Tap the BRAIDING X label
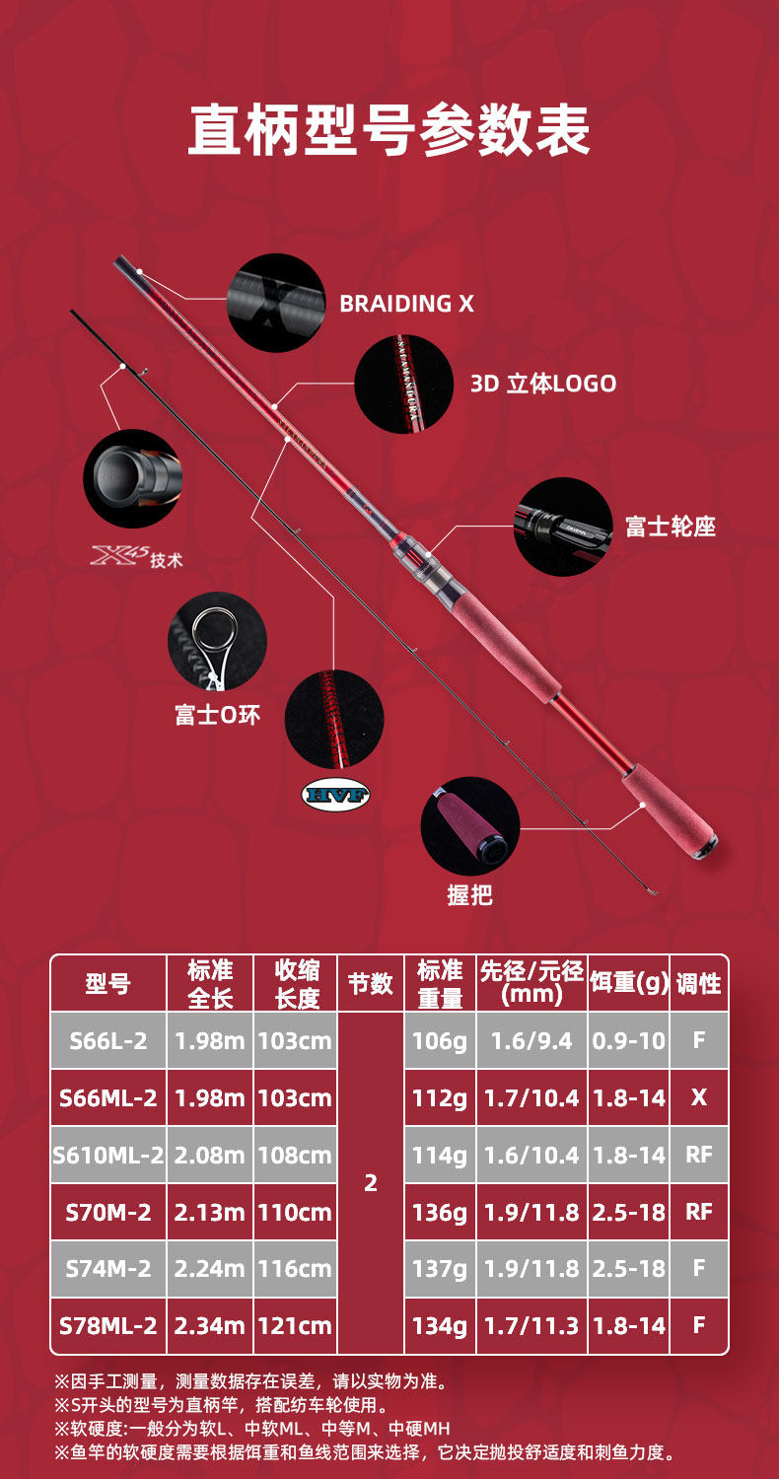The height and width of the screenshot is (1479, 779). coord(406,304)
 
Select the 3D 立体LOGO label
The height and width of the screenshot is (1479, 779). coord(543,384)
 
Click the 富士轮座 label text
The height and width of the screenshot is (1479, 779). coord(671,527)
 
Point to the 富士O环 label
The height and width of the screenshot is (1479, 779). coord(218,715)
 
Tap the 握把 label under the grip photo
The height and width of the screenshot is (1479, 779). coord(469,895)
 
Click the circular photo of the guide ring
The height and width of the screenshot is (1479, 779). coord(218,641)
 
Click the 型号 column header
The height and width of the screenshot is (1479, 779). coord(107,983)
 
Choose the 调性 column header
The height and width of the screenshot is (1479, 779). coord(698,983)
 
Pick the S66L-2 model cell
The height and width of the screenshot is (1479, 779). coord(107,1040)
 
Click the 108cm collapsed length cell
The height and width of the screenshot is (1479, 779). coord(295,1155)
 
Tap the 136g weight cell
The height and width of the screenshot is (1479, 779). coord(440,1212)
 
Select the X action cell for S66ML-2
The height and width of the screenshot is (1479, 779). coord(698,1097)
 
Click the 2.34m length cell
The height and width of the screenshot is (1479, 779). coord(209,1326)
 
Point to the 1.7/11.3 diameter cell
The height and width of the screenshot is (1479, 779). coord(531,1326)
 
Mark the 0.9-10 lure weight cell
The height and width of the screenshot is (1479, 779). coord(629,1040)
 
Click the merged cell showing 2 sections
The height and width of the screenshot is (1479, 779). coord(371,1183)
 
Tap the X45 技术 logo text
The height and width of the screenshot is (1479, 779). coord(137,558)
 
